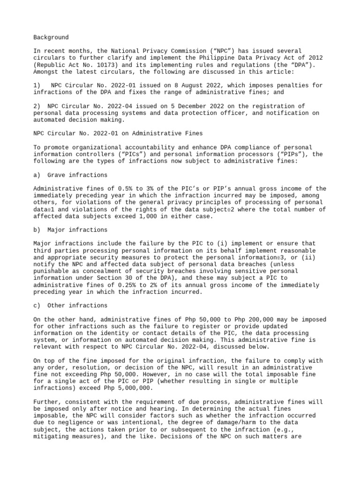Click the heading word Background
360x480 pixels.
point(51,37)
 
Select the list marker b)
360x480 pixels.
point(37,230)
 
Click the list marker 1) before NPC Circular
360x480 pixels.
point(37,85)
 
